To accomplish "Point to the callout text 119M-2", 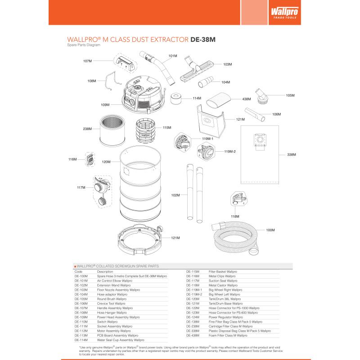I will (230, 152).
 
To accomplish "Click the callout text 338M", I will (292, 155).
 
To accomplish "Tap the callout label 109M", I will (105, 105).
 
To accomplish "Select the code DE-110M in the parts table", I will (81, 322).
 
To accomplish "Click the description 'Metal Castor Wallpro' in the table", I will (223, 285).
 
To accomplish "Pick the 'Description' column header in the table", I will (105, 272).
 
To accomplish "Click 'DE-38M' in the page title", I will (203, 39).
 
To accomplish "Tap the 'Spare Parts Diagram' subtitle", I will (83, 45).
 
